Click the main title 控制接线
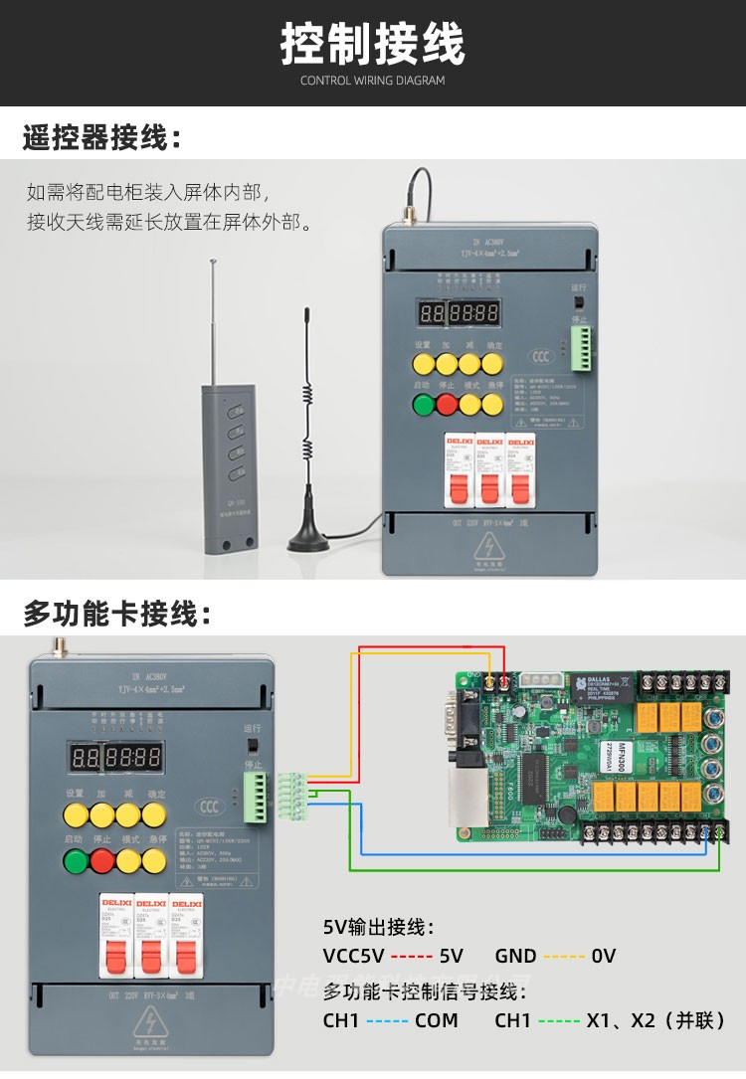(x=372, y=44)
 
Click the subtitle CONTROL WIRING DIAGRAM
(x=372, y=81)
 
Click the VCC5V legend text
(x=353, y=956)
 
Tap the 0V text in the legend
(x=603, y=956)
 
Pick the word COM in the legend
(x=436, y=1019)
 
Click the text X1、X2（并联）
(x=655, y=1019)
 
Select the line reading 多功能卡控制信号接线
(x=423, y=990)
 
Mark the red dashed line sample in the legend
(x=411, y=956)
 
